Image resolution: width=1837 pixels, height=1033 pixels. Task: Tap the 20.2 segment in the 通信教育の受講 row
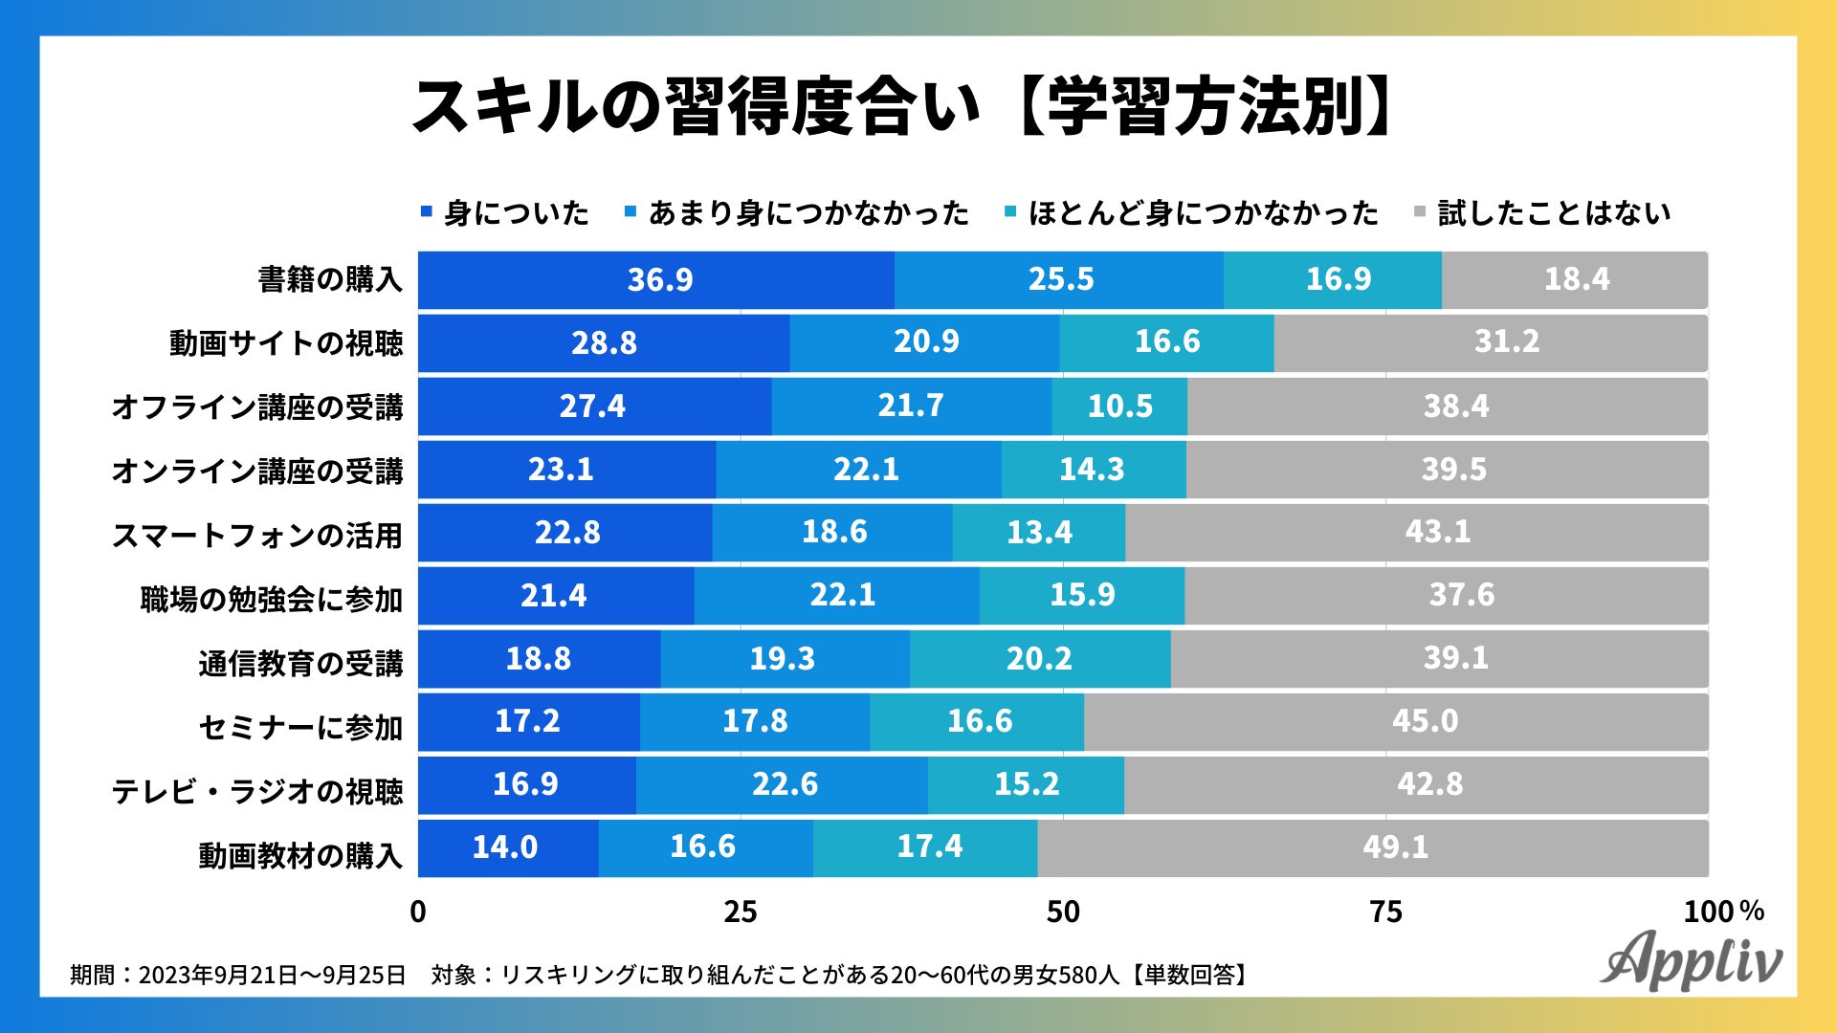click(x=1039, y=658)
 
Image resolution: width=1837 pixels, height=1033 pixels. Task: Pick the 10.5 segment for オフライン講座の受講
click(x=1119, y=407)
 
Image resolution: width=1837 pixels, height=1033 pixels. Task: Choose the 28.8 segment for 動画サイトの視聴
click(x=604, y=343)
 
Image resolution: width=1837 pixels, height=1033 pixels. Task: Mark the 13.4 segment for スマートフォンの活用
click(x=1039, y=532)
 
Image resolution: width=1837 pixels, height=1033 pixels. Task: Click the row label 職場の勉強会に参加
click(x=272, y=600)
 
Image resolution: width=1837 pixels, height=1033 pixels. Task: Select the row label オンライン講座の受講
click(x=257, y=472)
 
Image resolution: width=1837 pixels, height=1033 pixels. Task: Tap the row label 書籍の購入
click(x=330, y=280)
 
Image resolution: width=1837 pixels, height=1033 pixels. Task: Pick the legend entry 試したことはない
click(x=1554, y=212)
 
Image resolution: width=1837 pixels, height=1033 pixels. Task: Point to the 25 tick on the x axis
click(x=741, y=912)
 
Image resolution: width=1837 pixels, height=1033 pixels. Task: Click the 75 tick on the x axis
click(x=1385, y=912)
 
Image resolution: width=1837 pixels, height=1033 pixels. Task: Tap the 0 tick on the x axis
click(x=418, y=912)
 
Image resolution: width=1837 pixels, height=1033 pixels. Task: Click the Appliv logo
click(x=1692, y=959)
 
